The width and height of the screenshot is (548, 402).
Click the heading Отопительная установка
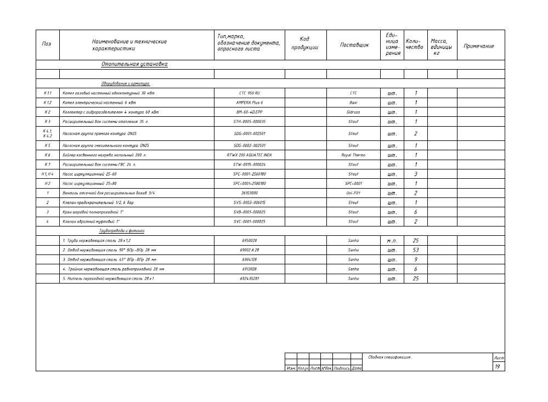pos(134,64)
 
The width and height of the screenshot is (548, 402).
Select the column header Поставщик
pos(354,45)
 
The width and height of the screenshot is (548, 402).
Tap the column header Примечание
pos(479,46)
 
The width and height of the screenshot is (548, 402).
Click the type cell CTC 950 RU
pos(250,93)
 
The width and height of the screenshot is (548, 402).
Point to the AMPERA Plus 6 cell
pos(250,103)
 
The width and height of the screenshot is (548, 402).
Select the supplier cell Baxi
pos(353,103)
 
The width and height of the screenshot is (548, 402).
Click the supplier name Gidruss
pos(353,112)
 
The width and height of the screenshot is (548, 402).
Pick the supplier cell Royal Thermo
pos(353,155)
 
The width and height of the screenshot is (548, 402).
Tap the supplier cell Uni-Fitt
pos(353,193)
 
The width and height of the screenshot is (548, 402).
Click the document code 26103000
pos(250,193)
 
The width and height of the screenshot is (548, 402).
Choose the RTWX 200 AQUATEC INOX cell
pos(250,155)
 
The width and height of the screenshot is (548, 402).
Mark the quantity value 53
pos(415,250)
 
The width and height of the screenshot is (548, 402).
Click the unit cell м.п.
pos(392,241)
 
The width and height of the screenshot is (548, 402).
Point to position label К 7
pos(47,165)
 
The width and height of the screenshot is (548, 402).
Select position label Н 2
pos(47,184)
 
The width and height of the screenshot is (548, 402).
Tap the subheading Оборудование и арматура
pos(125,83)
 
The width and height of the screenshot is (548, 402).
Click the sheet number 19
pos(497,366)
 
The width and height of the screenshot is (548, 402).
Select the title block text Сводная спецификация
pos(389,357)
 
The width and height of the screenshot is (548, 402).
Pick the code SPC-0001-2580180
pos(250,184)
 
